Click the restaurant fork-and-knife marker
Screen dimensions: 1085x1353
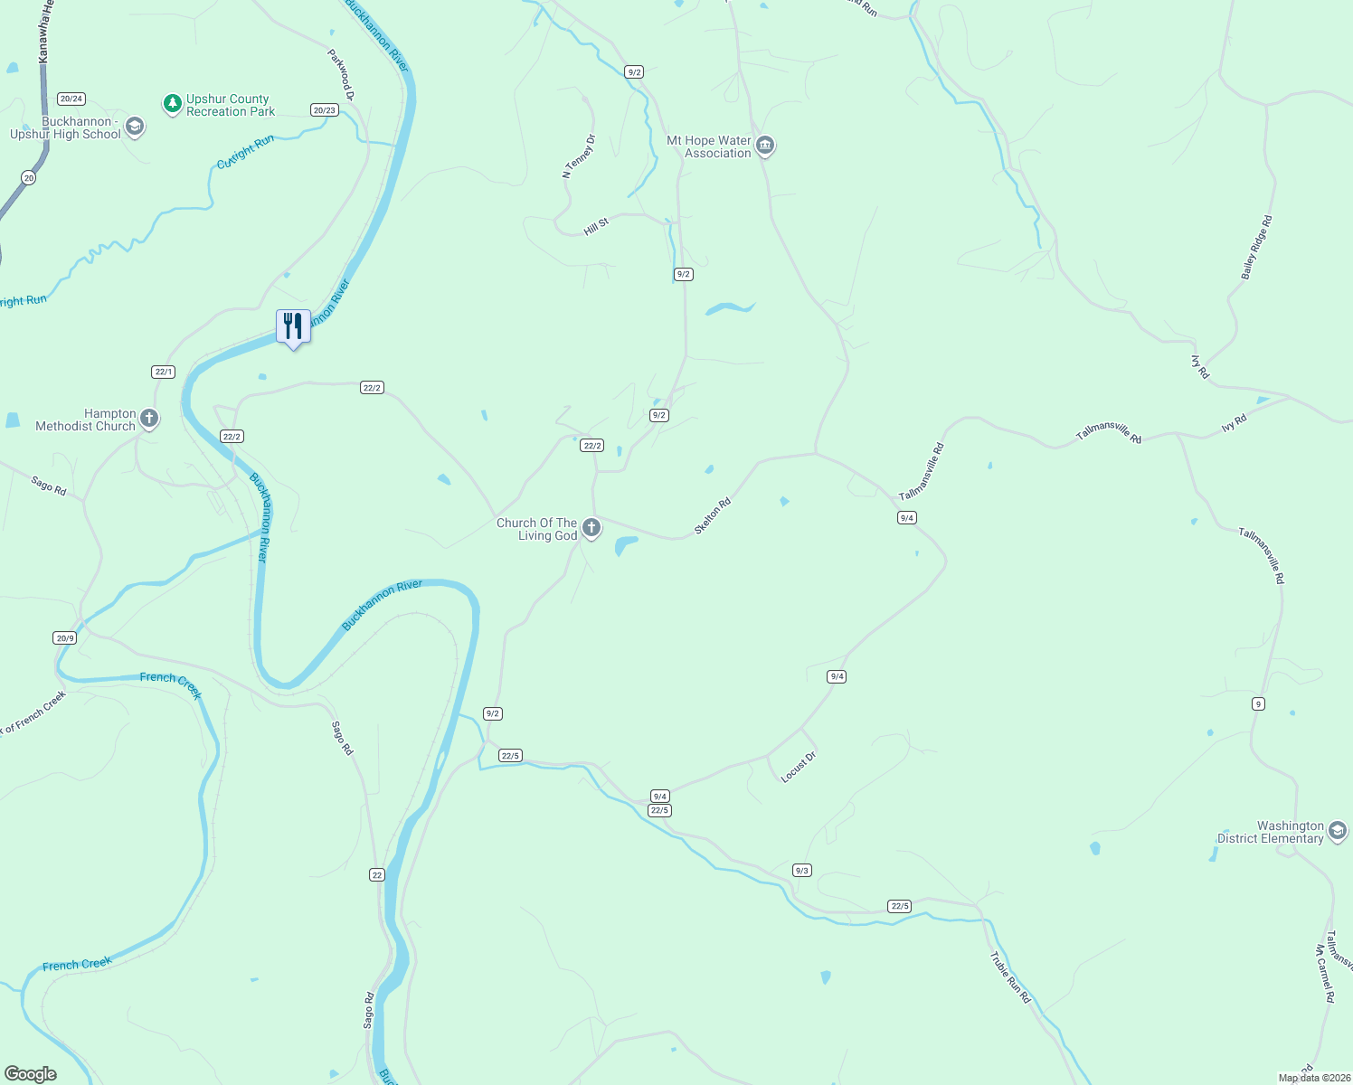click(x=293, y=326)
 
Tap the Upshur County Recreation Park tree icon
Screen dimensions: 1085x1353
click(x=172, y=104)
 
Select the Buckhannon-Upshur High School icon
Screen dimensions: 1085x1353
click(x=135, y=127)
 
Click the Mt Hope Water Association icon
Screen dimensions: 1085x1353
click(x=765, y=146)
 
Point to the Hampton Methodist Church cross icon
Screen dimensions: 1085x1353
click(x=149, y=419)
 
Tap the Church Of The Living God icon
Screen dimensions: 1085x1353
click(x=591, y=528)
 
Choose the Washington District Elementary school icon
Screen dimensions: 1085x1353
click(x=1337, y=832)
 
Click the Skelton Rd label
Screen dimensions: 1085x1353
click(x=712, y=515)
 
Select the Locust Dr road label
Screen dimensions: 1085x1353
click(x=799, y=766)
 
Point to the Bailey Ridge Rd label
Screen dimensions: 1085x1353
click(x=1256, y=247)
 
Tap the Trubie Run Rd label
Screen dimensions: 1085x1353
click(x=1009, y=977)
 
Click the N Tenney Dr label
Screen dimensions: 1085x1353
click(x=579, y=156)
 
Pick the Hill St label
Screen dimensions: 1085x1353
click(x=596, y=226)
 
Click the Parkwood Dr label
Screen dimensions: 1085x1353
click(x=341, y=74)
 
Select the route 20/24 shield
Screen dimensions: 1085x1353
click(x=71, y=99)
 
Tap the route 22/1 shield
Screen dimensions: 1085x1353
click(x=163, y=372)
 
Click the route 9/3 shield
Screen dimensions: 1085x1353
click(x=801, y=870)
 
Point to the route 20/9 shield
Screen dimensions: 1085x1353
click(x=64, y=637)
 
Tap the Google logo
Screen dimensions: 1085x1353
click(x=31, y=1073)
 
